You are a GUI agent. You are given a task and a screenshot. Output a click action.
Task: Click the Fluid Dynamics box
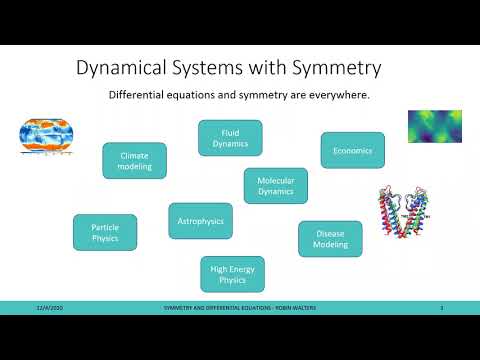(230, 138)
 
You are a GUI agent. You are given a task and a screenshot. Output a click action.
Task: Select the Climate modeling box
(134, 160)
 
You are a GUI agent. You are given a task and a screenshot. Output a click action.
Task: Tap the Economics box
(352, 151)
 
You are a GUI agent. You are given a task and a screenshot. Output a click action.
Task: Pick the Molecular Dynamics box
(275, 185)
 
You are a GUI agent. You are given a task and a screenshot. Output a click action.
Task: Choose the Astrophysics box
(200, 220)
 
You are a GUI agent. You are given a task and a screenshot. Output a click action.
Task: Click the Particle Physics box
(105, 231)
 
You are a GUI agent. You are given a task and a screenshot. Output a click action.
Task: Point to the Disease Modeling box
(330, 239)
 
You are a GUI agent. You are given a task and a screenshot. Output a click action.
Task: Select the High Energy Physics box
(232, 273)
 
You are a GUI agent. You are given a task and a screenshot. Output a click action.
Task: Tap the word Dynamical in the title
(126, 68)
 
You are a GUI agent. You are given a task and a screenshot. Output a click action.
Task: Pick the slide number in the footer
(441, 307)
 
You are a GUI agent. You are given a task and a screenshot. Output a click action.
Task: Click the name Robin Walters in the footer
(286, 307)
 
